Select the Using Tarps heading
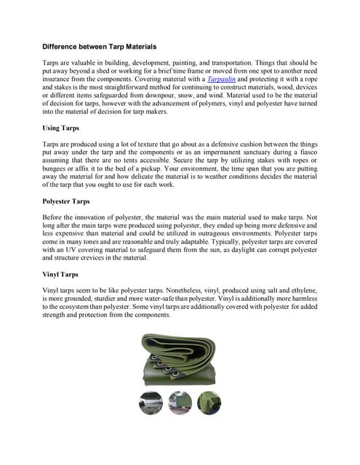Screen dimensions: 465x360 61,128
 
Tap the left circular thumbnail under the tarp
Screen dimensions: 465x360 151,402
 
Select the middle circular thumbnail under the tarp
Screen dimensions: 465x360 179,402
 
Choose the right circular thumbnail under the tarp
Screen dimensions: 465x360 209,402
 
